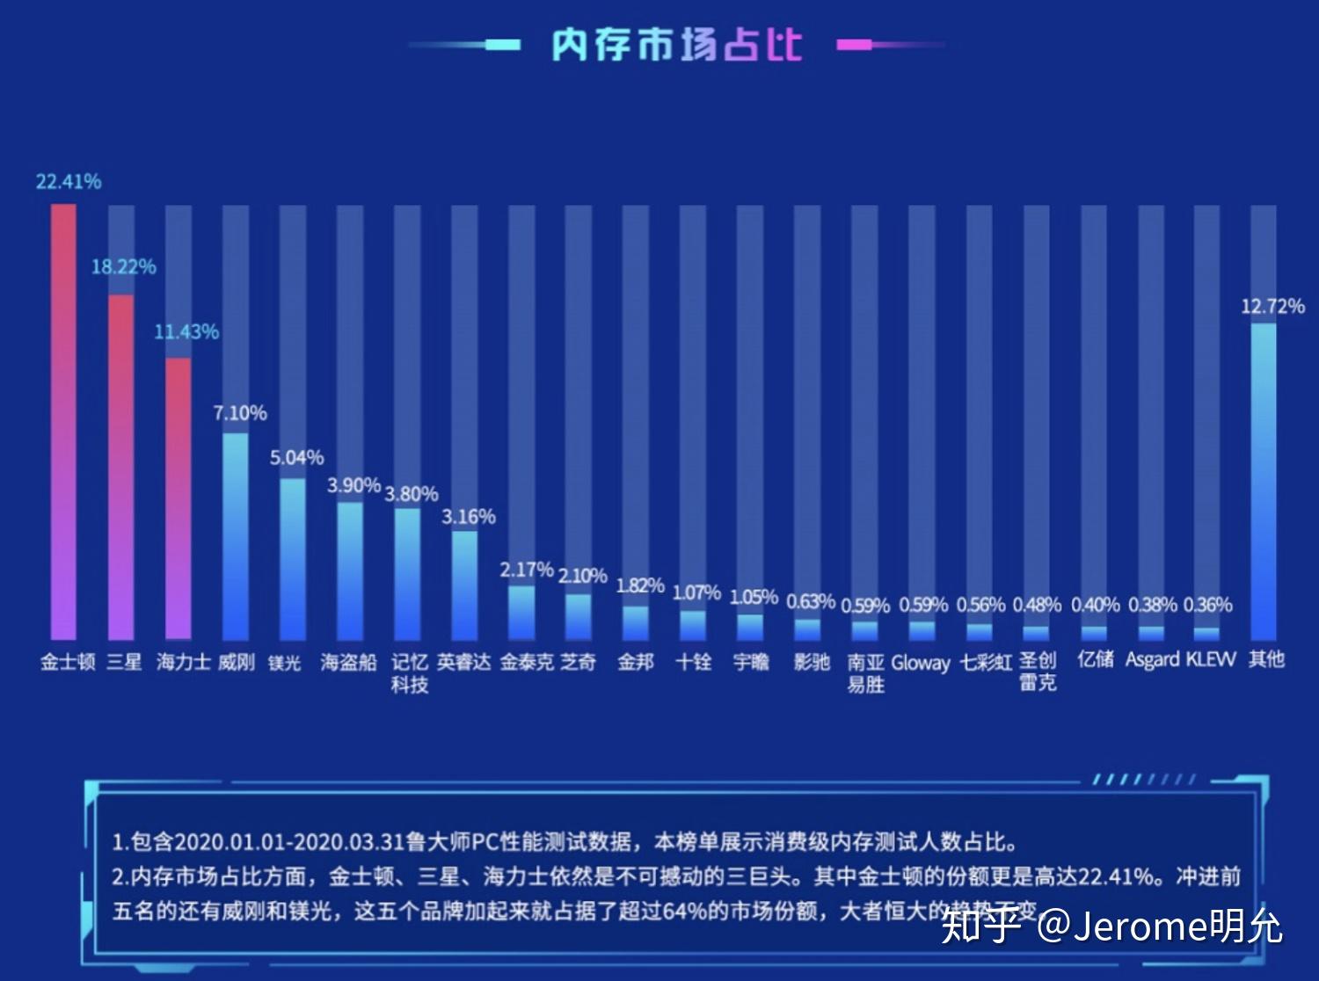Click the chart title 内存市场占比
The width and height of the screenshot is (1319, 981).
tap(676, 45)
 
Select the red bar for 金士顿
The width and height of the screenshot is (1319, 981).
tap(63, 422)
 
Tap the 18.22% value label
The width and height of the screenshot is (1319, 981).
tap(124, 266)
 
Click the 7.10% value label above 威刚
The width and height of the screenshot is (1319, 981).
tap(240, 413)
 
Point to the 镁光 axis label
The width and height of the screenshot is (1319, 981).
tap(285, 662)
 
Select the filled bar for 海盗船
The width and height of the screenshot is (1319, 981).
tap(350, 570)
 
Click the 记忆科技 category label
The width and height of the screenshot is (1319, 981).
tap(410, 672)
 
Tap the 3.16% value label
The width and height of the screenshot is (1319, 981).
tap(469, 517)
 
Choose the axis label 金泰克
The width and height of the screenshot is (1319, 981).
tap(527, 662)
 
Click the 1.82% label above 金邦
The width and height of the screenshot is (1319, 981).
tap(639, 585)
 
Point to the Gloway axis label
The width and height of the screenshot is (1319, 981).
tap(921, 663)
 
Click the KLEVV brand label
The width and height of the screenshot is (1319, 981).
tap(1211, 659)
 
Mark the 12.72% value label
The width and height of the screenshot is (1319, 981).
tap(1272, 307)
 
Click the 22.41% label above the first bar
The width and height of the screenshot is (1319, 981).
tap(69, 182)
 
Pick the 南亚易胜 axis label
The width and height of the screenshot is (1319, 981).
tap(865, 672)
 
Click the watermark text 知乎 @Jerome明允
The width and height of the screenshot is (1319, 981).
tap(1111, 926)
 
